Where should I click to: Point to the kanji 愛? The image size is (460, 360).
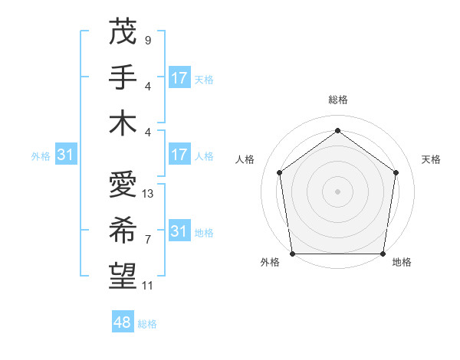[x=123, y=186]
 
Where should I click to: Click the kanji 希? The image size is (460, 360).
[x=123, y=232]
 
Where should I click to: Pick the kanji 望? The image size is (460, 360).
[x=123, y=278]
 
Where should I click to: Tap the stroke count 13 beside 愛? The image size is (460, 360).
[x=148, y=194]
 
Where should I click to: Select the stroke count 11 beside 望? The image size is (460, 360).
[x=148, y=286]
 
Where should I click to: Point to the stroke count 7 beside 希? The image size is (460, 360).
[x=147, y=240]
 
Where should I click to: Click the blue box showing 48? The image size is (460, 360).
[x=122, y=322]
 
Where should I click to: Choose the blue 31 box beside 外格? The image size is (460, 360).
[x=66, y=155]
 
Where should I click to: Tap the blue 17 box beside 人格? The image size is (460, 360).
[x=179, y=155]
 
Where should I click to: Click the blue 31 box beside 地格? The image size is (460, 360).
[x=179, y=231]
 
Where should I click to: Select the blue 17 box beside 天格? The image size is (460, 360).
[x=179, y=78]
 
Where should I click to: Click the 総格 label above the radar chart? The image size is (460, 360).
[x=337, y=100]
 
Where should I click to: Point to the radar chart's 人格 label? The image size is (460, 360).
[x=245, y=159]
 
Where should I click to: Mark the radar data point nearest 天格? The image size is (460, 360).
[x=396, y=172]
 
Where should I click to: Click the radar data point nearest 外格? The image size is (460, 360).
[x=292, y=254]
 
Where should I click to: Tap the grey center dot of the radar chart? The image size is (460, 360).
[x=337, y=191]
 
